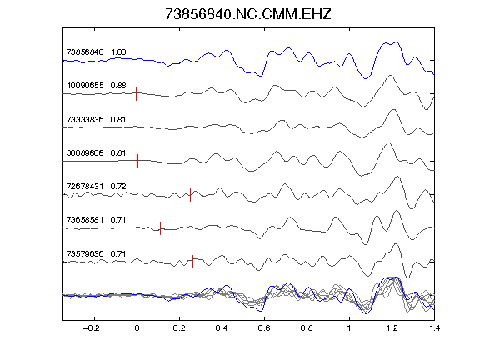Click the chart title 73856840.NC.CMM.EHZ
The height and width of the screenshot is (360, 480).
click(248, 14)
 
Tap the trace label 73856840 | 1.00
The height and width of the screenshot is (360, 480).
click(96, 52)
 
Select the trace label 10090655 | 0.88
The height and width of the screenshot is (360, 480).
click(96, 85)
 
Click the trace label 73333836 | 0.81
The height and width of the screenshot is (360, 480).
click(96, 119)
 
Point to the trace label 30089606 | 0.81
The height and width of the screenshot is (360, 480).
click(96, 152)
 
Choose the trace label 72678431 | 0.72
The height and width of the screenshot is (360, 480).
click(96, 186)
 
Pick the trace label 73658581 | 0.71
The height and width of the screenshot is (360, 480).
click(96, 219)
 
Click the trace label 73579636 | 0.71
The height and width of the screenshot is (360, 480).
click(96, 254)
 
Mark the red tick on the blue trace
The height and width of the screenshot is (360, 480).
click(137, 60)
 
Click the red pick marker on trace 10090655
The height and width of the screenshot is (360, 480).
click(136, 93)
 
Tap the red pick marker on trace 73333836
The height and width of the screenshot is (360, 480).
click(182, 127)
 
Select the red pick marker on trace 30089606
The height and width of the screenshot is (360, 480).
click(138, 161)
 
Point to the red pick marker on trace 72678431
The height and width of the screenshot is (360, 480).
click(190, 194)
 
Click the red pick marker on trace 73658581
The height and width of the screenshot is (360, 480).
click(160, 228)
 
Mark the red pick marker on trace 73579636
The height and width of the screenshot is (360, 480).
click(192, 262)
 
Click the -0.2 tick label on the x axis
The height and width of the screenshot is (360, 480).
click(92, 328)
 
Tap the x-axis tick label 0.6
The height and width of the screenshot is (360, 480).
click(264, 328)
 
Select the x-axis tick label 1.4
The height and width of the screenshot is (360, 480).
click(434, 328)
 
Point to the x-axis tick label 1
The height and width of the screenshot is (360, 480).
click(349, 328)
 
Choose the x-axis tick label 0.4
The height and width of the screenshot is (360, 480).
click(222, 328)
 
